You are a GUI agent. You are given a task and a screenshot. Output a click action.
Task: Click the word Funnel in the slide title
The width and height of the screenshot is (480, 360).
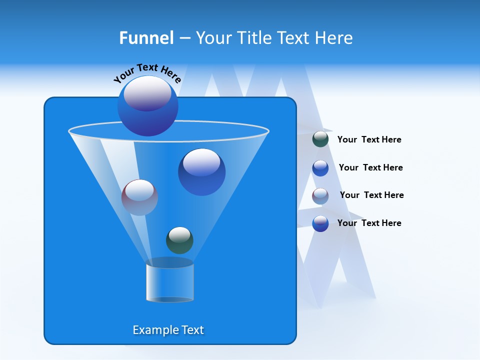pos(146,38)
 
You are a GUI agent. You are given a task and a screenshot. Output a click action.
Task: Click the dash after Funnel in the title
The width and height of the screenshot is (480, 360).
pos(184,38)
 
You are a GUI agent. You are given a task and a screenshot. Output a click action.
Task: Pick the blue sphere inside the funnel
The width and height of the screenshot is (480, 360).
pos(201,171)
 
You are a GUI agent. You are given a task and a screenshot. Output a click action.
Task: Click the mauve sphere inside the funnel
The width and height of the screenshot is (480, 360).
pos(139,197)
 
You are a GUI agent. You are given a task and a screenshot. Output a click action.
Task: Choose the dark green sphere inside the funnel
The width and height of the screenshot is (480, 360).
pos(179,240)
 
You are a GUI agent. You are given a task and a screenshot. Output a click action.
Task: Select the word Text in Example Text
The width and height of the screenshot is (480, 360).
pos(192,330)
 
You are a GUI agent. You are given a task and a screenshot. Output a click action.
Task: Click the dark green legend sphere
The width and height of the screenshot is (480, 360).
pos(320,139)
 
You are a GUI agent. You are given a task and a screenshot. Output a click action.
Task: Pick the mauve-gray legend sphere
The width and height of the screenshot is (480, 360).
pos(320,195)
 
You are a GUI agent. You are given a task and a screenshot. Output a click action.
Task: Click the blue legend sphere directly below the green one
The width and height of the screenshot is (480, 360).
pos(320,168)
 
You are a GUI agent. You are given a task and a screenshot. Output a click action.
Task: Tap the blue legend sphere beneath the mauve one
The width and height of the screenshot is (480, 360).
pos(320,223)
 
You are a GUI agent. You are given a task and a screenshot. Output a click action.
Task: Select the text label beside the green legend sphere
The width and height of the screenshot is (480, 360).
pos(369,139)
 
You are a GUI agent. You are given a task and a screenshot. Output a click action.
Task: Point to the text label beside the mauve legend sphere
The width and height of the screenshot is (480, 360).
pos(371,195)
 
